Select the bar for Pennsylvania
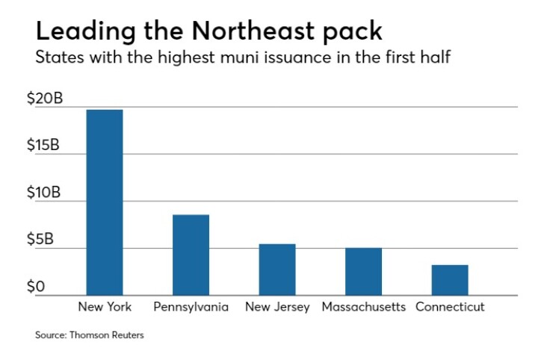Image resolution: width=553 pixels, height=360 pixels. [191, 255]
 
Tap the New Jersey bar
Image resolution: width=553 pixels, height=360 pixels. [277, 269]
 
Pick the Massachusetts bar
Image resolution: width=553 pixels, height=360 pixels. [363, 271]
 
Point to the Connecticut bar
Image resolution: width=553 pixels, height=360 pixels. [450, 279]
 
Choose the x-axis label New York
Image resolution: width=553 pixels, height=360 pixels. [105, 307]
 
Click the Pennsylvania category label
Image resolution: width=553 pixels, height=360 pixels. [191, 307]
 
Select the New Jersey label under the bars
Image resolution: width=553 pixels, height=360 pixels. [277, 307]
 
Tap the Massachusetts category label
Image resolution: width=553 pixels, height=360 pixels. [363, 307]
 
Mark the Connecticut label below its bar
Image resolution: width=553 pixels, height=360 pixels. [450, 307]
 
